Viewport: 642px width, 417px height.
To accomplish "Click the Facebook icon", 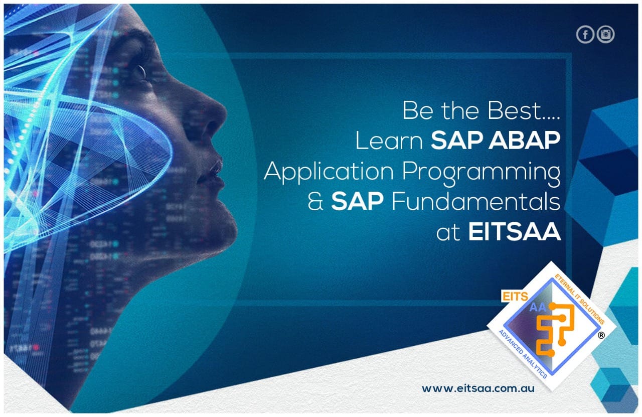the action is point(585,35).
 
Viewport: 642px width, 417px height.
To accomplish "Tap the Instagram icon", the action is point(605,35).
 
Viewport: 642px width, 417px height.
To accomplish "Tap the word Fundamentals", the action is point(476,201).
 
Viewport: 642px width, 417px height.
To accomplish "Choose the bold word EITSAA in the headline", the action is point(515,232).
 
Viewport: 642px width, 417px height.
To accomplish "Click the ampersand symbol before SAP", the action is point(315,201).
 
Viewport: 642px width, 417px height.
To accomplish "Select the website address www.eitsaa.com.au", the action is point(478,388).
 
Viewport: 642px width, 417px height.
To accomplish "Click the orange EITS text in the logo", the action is point(516,297).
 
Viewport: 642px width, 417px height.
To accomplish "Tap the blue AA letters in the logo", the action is point(538,308).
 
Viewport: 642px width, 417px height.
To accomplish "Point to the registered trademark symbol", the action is point(601,335).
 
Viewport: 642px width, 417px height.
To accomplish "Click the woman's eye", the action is point(140,72).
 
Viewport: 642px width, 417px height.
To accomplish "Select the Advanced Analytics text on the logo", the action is point(523,354).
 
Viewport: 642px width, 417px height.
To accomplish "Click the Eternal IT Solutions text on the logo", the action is point(579,299).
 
